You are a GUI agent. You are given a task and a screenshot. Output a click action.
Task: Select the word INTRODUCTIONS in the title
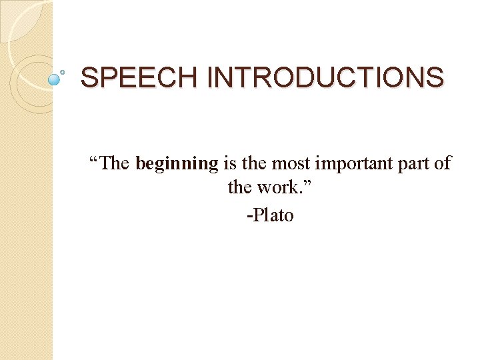click(325, 78)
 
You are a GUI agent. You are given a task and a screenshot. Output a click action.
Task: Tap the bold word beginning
click(177, 163)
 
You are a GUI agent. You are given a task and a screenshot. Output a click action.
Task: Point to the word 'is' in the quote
click(230, 163)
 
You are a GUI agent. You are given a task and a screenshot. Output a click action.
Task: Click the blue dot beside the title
click(55, 80)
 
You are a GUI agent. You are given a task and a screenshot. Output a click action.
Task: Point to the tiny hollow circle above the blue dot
click(63, 70)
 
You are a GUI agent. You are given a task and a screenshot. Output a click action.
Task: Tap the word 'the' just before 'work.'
click(239, 187)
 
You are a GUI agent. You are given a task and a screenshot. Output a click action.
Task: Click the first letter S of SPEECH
click(88, 78)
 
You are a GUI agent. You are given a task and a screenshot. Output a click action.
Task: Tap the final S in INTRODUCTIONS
click(435, 78)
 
